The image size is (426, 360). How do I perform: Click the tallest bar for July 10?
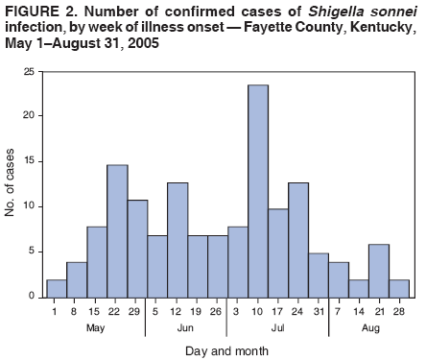point(257,191)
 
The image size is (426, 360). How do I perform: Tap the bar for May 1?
point(56,288)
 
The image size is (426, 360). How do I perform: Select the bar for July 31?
point(319,275)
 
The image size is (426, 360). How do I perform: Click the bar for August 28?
point(399,288)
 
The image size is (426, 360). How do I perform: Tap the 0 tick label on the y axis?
point(32,297)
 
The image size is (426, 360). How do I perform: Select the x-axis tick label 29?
point(136,312)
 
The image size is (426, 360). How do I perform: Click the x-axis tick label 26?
point(217,312)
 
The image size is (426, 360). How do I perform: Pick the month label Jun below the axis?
point(186,326)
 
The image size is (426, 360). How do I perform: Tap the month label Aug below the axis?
point(368,326)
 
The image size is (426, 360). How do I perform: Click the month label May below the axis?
point(96,326)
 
